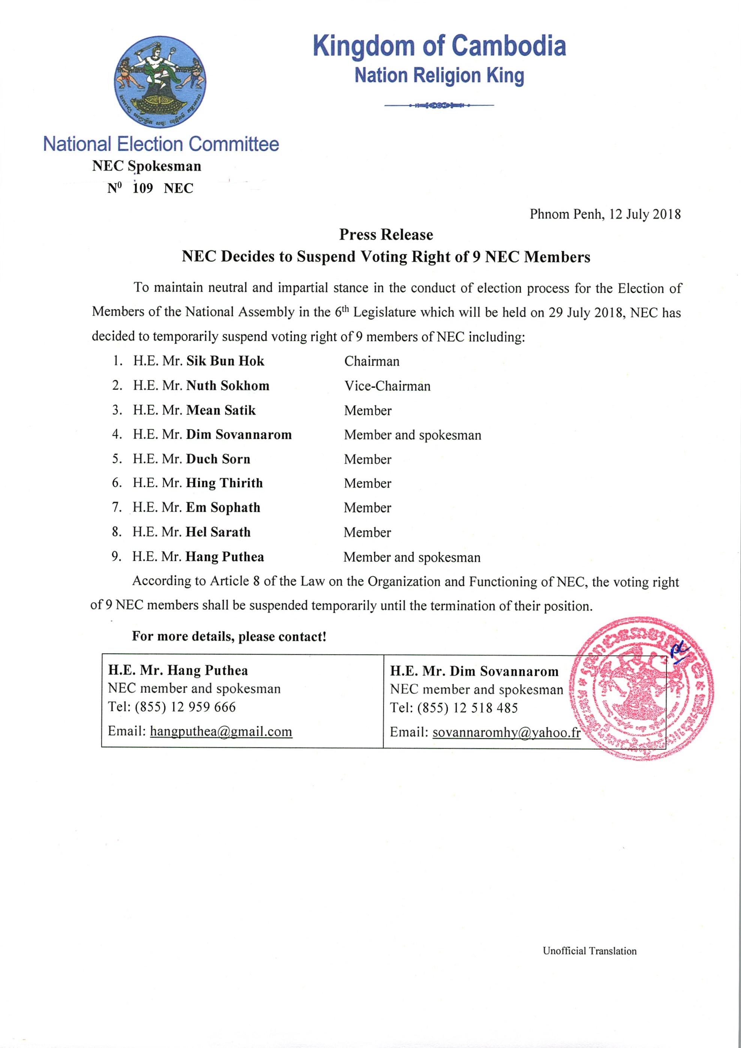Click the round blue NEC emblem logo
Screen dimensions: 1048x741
(160, 82)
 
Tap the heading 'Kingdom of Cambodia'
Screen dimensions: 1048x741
(439, 46)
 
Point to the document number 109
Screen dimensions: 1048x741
(142, 188)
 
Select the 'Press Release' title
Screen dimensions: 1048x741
(386, 235)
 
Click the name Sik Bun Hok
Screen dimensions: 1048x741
(225, 361)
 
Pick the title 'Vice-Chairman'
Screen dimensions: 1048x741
(387, 386)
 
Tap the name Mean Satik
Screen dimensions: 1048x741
(221, 410)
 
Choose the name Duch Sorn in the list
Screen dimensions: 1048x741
(218, 459)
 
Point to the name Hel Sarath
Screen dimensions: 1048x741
(218, 532)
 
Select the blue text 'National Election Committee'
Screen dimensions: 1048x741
(161, 144)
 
